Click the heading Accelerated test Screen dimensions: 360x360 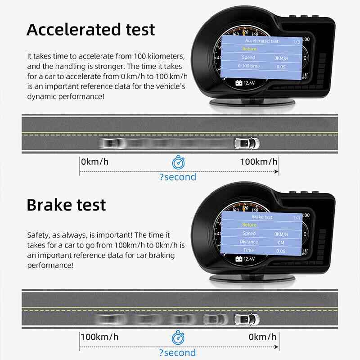coord(90,29)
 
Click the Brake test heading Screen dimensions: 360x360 coord(66,205)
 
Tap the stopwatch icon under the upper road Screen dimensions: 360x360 coord(178,162)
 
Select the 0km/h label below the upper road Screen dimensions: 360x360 coord(95,162)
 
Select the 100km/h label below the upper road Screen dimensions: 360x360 coord(259,162)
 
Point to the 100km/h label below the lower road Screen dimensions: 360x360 coord(100,337)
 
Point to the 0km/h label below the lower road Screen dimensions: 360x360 coord(263,337)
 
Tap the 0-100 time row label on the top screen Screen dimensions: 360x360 coord(249,66)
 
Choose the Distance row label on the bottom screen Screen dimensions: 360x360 coord(249,242)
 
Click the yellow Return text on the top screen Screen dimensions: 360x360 coord(249,49)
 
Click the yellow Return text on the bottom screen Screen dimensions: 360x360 coord(249,225)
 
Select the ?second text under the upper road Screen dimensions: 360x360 coord(178,177)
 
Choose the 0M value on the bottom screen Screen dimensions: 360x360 coord(282,242)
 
